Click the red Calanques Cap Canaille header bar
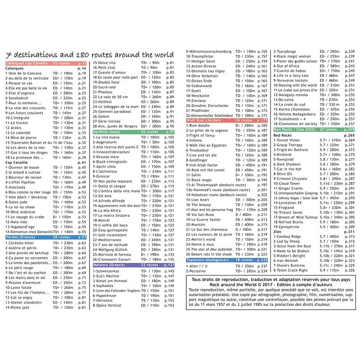coord(45,63)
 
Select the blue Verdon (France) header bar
coord(45,237)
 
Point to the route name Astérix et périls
coord(22,248)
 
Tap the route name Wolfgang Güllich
coord(111,249)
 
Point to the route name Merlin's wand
coord(202,239)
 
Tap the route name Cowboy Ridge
coord(289,237)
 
